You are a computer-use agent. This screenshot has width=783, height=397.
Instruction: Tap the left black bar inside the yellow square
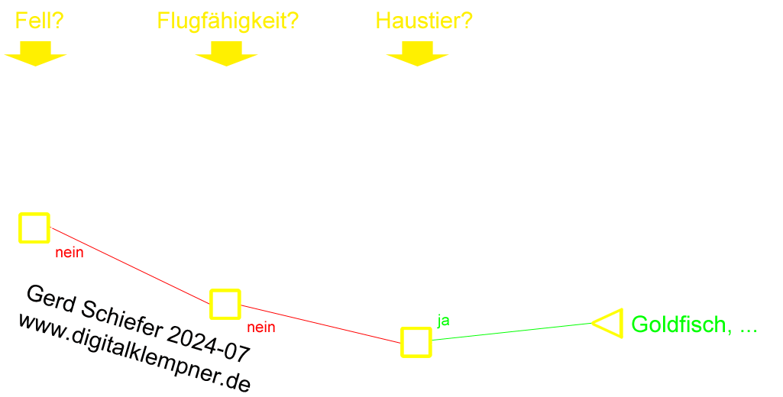216,304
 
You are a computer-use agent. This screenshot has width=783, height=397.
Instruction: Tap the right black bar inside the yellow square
234,304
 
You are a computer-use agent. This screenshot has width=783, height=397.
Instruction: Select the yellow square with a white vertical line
34,228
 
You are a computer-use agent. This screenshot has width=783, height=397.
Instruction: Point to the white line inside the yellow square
24,228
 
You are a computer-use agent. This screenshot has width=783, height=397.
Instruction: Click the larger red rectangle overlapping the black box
134,266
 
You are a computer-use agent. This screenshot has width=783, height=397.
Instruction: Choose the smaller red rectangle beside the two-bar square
318,324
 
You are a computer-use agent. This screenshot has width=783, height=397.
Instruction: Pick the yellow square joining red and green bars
416,342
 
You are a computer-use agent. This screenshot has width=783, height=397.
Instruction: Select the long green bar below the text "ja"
513,331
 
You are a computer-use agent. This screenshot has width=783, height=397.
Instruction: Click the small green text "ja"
443,319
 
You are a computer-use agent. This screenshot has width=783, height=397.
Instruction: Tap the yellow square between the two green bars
611,323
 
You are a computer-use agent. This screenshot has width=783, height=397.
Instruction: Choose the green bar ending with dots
690,325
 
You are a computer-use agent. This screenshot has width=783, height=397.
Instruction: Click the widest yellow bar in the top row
228,22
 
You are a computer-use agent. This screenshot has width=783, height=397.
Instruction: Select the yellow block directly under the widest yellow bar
226,53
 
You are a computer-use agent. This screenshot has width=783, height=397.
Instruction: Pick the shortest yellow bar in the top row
40,21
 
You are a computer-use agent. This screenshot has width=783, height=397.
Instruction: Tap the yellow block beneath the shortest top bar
35,53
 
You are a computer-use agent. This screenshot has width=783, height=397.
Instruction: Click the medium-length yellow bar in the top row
425,21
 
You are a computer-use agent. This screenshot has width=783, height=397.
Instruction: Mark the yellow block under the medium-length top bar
417,53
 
